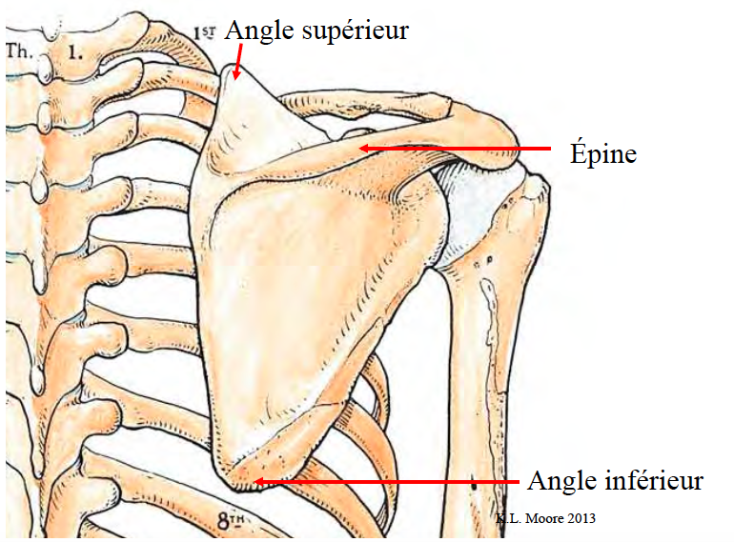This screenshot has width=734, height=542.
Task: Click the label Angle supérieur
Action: tap(316, 30)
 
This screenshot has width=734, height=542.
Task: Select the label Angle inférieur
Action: tap(615, 480)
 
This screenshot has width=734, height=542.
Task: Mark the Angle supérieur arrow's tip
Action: tap(235, 75)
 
